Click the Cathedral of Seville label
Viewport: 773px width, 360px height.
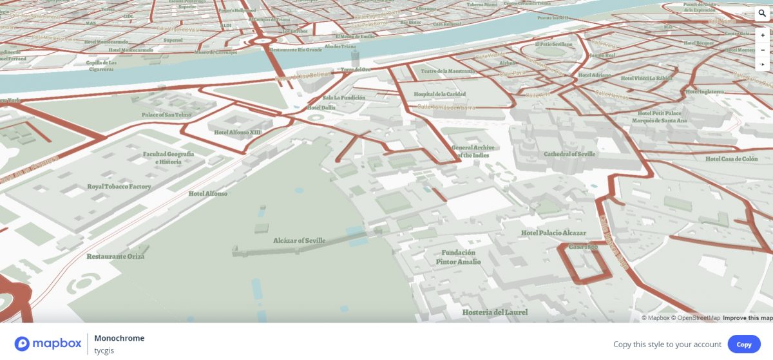pos(569,155)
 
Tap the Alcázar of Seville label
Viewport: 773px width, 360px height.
pos(299,241)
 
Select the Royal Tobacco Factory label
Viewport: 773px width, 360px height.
pos(119,187)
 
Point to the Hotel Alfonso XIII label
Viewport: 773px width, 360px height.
pos(238,132)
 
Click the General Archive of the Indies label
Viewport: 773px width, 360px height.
pos(473,151)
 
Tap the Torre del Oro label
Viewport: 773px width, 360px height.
pos(356,70)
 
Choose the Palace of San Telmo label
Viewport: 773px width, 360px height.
pos(166,115)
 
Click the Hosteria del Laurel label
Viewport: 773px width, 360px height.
pos(495,312)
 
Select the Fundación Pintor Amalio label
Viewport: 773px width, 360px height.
pos(458,257)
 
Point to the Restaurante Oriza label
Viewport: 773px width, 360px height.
pos(115,256)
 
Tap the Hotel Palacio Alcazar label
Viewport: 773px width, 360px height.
pos(553,233)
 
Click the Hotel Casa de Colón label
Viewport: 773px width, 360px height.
pos(731,159)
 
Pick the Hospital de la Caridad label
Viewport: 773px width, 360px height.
pos(439,95)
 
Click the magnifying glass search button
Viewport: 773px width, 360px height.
pos(762,13)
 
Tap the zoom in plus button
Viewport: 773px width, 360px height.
pos(762,35)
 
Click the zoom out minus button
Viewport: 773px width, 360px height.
pos(762,50)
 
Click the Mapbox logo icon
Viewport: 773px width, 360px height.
pos(23,343)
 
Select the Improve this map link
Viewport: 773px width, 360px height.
pos(747,318)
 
